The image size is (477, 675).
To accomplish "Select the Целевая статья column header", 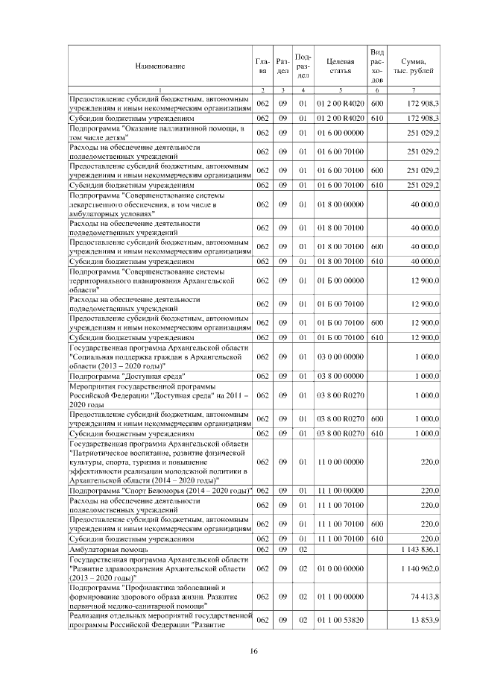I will (340, 66).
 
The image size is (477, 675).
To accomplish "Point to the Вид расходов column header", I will (377, 66).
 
